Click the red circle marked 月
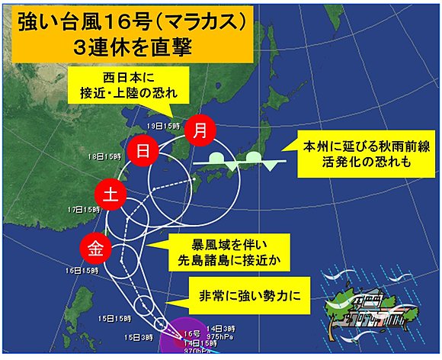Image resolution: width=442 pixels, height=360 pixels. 200,130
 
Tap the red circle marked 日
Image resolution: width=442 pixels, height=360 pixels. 142,151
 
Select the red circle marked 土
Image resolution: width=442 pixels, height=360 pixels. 109,194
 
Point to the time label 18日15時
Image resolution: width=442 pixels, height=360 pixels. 105,156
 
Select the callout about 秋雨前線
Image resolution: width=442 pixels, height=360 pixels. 355,154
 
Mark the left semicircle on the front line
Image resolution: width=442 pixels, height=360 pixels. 216,157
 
